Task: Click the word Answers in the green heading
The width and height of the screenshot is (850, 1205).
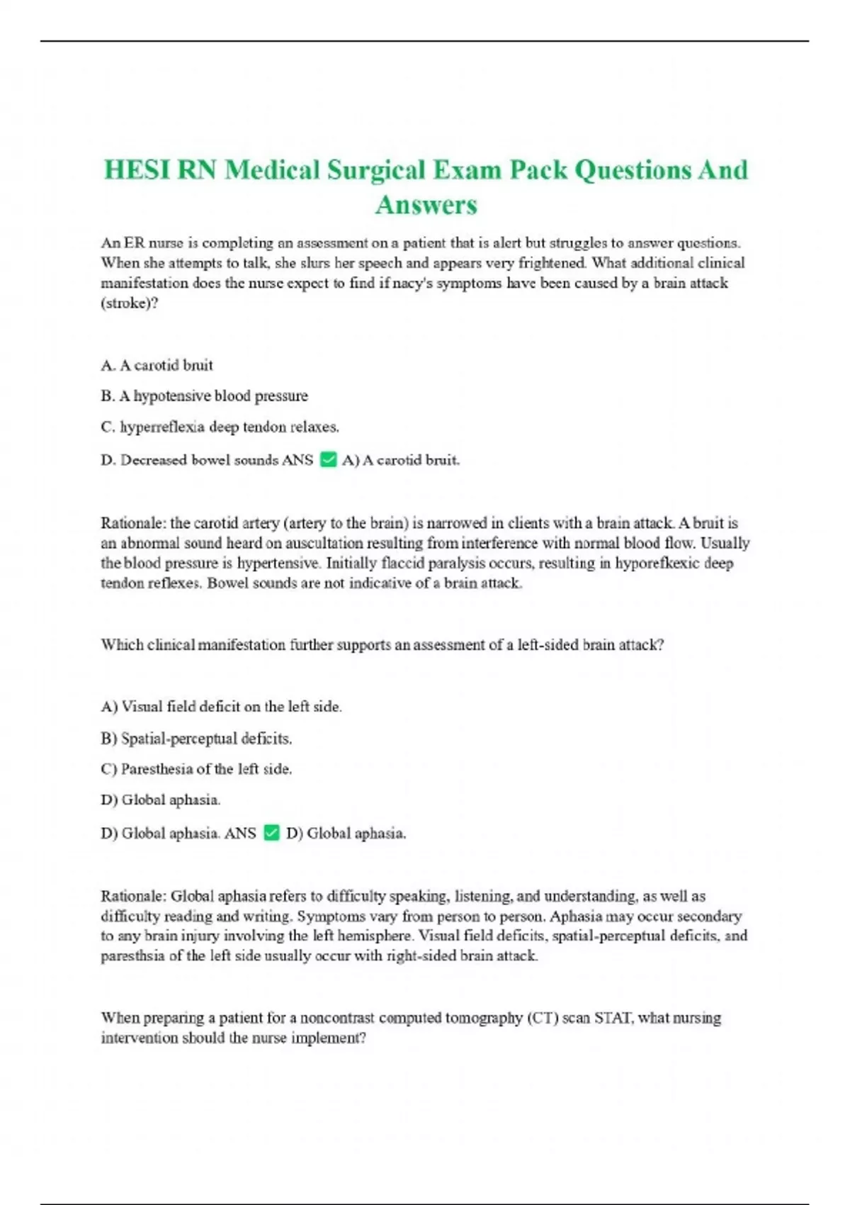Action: pyautogui.click(x=426, y=205)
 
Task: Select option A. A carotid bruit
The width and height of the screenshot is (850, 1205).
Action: pyautogui.click(x=157, y=365)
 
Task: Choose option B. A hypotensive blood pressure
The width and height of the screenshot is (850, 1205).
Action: pyautogui.click(x=204, y=396)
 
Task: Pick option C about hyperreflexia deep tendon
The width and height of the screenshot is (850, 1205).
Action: pyautogui.click(x=220, y=427)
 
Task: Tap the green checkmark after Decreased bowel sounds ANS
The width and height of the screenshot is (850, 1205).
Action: pyautogui.click(x=328, y=459)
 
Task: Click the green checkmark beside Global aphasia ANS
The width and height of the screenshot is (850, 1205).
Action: pyautogui.click(x=271, y=832)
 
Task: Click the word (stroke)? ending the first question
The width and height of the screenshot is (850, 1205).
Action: pyautogui.click(x=129, y=303)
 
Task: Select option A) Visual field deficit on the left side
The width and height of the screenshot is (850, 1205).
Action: pyautogui.click(x=221, y=707)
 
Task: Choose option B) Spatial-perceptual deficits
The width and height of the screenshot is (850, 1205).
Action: pyautogui.click(x=196, y=739)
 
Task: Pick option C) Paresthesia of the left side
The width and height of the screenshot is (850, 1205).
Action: pyautogui.click(x=196, y=769)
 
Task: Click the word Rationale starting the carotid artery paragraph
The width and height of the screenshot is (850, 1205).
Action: pyautogui.click(x=133, y=523)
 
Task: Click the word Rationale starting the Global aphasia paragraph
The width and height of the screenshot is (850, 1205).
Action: pyautogui.click(x=133, y=896)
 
